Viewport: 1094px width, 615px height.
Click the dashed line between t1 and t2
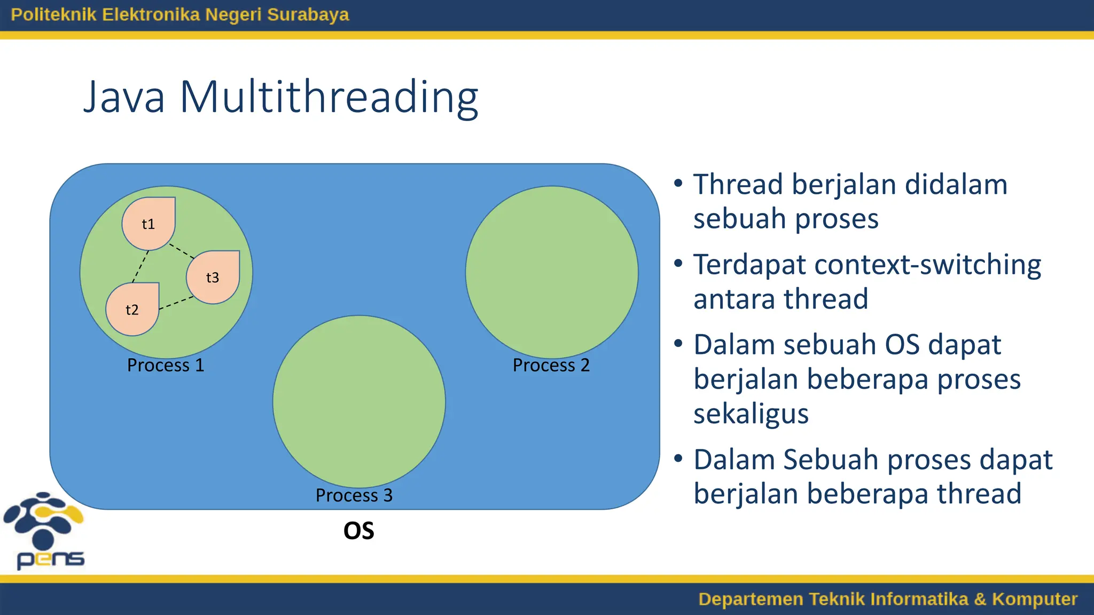[x=140, y=266]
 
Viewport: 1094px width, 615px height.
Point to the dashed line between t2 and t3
[x=176, y=303]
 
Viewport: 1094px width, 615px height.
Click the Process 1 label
[x=166, y=365]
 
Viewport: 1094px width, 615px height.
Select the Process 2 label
[x=551, y=365]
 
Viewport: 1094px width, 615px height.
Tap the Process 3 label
[x=354, y=495]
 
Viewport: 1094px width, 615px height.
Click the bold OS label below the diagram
[x=358, y=531]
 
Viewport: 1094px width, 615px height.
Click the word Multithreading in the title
[x=329, y=97]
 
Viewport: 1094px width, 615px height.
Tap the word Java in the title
[x=124, y=97]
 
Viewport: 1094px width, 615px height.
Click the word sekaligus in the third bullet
[x=751, y=414]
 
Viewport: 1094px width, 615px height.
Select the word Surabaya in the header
[x=308, y=14]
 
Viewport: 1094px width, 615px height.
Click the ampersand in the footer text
[x=980, y=599]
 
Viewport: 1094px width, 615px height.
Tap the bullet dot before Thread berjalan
[x=678, y=184]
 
